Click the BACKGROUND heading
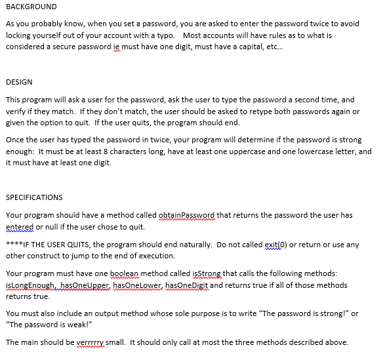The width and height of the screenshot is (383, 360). (31, 7)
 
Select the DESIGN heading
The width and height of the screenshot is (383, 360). (19, 83)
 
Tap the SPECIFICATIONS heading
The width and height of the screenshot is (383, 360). (34, 197)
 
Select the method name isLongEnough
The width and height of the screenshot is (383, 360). (30, 285)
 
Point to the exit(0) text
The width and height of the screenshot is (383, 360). (277, 245)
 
